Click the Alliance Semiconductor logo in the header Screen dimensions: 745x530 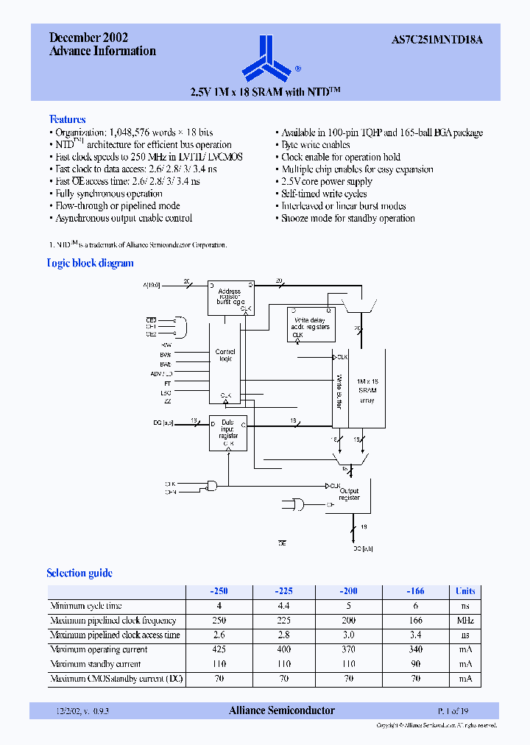pos(266,60)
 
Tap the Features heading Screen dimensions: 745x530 pos(67,119)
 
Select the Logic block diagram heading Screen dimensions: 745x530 pos(90,263)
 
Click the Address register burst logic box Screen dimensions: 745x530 pos(230,297)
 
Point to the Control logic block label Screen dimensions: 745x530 pos(225,356)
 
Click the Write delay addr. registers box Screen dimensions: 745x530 pos(311,325)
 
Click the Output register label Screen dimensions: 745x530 pos(350,494)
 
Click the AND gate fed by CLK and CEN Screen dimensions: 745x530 pos(214,486)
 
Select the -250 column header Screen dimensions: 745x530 pos(219,591)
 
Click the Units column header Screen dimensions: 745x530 pos(465,591)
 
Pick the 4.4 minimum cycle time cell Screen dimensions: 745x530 pos(283,606)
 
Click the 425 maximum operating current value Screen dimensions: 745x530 pos(219,649)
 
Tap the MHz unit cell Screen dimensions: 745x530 pos(465,621)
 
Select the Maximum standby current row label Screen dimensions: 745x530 pos(95,664)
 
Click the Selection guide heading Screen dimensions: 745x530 pos(79,573)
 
